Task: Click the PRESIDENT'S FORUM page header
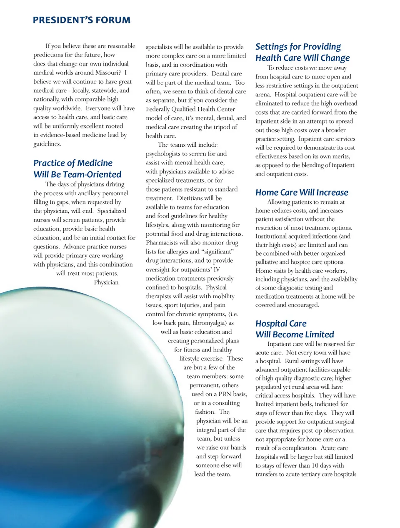coord(82,20)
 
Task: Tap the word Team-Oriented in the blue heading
coord(92,174)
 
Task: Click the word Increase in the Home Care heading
coord(332,192)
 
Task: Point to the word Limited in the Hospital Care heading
coord(320,334)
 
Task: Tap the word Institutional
coord(274,236)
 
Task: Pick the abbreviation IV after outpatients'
coord(216,269)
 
